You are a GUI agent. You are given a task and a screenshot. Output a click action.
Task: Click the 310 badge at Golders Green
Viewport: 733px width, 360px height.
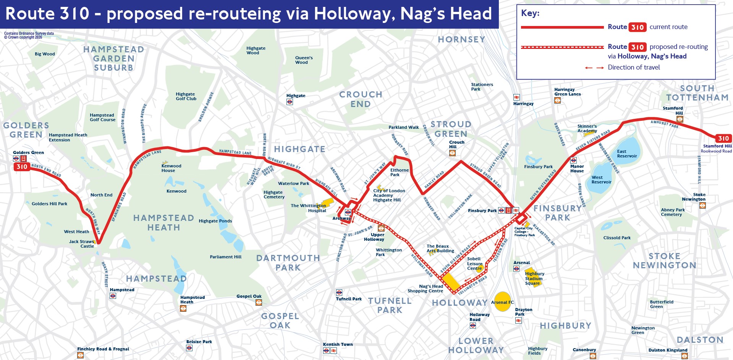22,167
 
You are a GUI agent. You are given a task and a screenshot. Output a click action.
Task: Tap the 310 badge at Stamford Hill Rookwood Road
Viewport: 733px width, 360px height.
723,138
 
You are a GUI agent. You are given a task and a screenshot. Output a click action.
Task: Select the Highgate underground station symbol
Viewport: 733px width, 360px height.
290,102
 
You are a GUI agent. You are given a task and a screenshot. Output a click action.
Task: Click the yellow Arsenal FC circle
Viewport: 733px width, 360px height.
502,302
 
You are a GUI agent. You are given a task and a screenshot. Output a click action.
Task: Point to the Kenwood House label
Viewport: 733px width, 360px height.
171,168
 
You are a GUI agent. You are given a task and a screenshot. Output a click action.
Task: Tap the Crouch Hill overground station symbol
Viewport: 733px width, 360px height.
452,153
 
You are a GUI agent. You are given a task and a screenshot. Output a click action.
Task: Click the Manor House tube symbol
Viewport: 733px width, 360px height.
573,161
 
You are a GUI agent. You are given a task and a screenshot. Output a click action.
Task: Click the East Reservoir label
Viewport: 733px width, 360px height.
627,154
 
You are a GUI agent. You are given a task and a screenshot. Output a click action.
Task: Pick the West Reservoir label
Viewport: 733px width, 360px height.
601,180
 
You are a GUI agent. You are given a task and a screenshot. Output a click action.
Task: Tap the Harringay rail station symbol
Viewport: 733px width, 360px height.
516,97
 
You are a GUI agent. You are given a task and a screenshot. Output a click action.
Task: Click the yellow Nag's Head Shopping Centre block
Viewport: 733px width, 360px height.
451,282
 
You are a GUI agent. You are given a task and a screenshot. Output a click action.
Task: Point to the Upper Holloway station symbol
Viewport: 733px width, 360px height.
381,229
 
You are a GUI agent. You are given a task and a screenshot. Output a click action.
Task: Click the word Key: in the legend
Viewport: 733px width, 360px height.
530,13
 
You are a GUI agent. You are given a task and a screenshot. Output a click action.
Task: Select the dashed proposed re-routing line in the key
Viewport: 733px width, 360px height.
562,47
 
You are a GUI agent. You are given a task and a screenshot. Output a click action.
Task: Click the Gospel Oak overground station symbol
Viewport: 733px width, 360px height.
259,303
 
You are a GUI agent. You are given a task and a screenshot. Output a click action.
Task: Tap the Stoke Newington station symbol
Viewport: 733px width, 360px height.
702,205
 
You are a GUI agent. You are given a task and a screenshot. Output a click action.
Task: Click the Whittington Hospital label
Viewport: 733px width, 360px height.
309,208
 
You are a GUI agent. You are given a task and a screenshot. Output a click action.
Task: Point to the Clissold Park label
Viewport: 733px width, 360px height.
616,238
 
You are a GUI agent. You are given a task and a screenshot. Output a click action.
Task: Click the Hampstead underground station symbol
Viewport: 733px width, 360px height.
113,296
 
